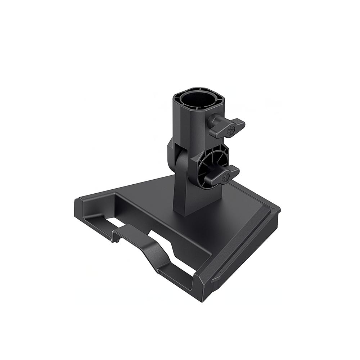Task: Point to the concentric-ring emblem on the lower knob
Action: coord(226,177)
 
